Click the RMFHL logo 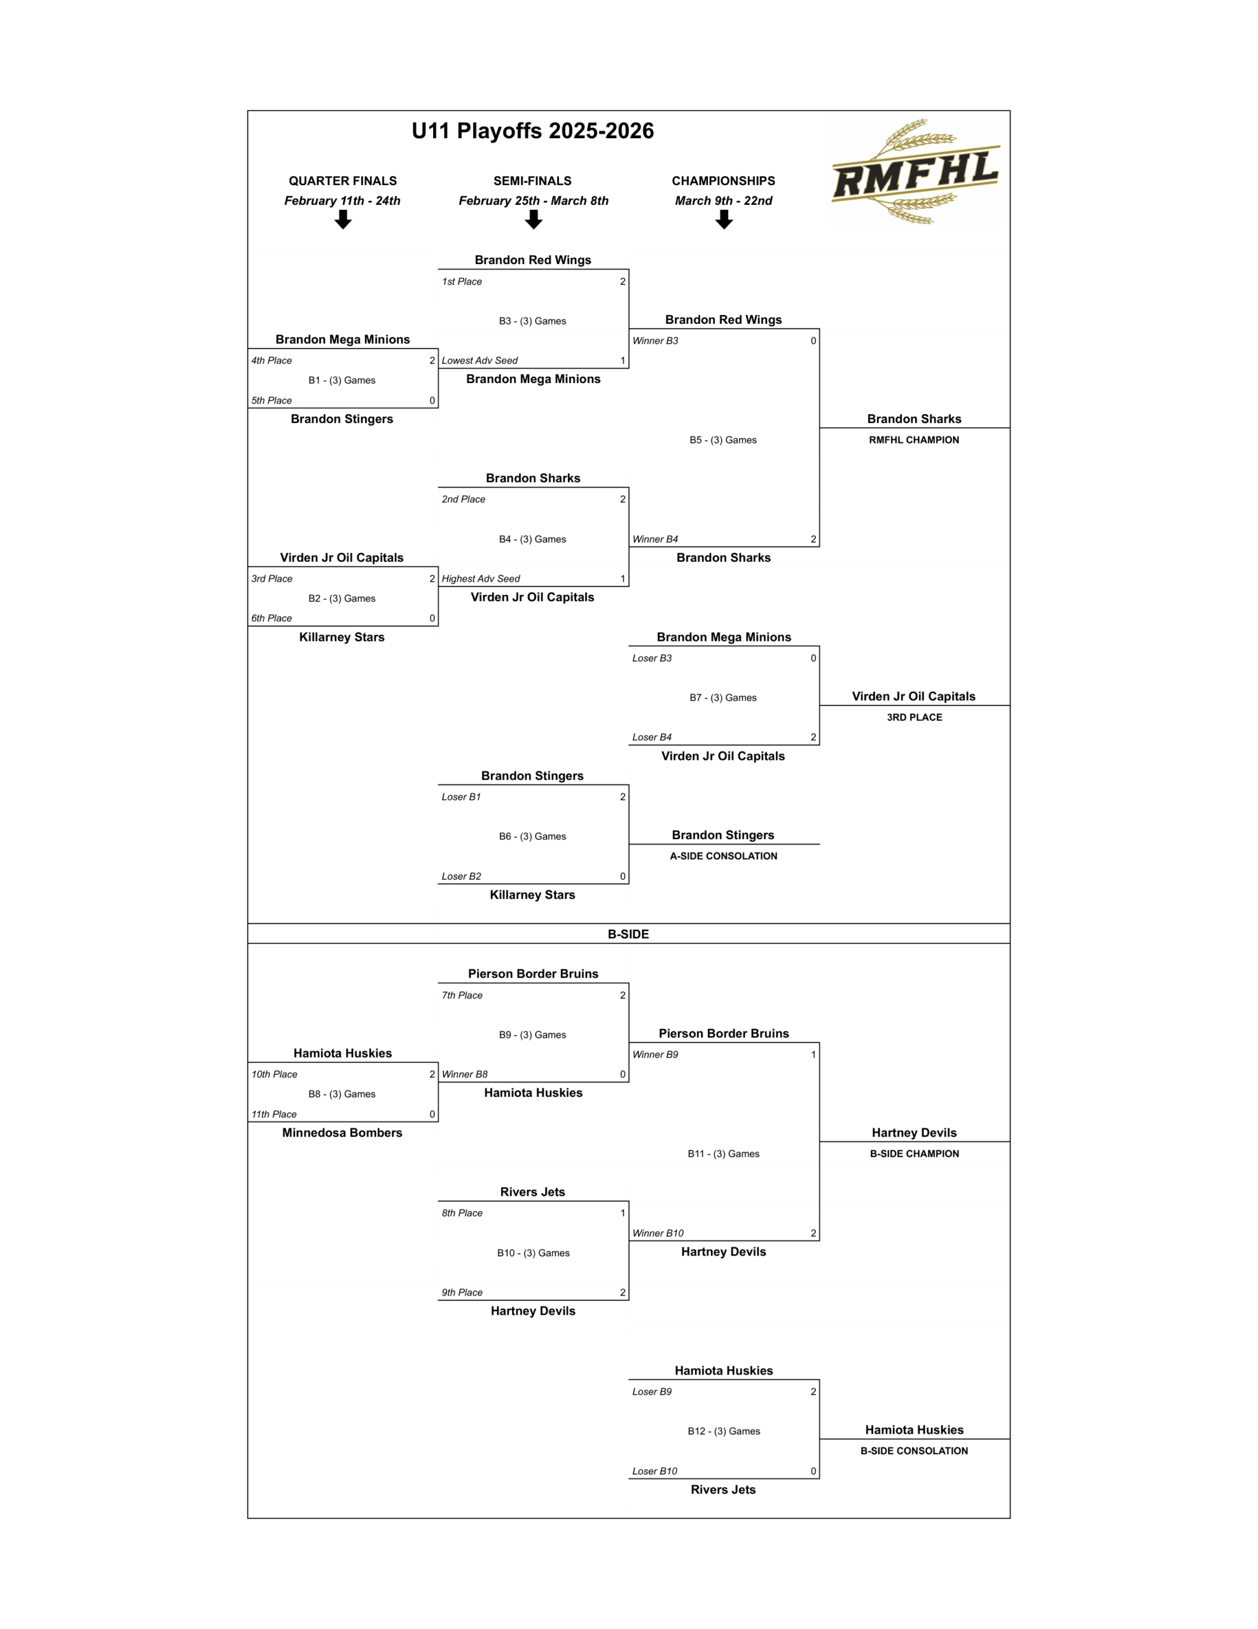pos(915,172)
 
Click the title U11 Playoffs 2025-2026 pos(532,131)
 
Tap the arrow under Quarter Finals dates pos(343,220)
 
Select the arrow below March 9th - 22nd pos(724,220)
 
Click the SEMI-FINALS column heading pos(532,181)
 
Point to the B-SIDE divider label pos(628,934)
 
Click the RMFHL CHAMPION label pos(913,440)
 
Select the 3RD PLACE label pos(914,718)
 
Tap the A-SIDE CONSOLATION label pos(723,856)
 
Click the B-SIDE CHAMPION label pos(914,1154)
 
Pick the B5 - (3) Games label pos(722,440)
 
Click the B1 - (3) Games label pos(342,381)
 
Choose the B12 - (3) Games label pos(723,1431)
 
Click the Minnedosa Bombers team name pos(342,1133)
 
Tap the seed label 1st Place pos(462,282)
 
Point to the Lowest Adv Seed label pos(480,361)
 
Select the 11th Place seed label pos(273,1114)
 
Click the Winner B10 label pos(658,1234)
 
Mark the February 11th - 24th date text pos(342,200)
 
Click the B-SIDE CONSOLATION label pos(914,1451)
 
